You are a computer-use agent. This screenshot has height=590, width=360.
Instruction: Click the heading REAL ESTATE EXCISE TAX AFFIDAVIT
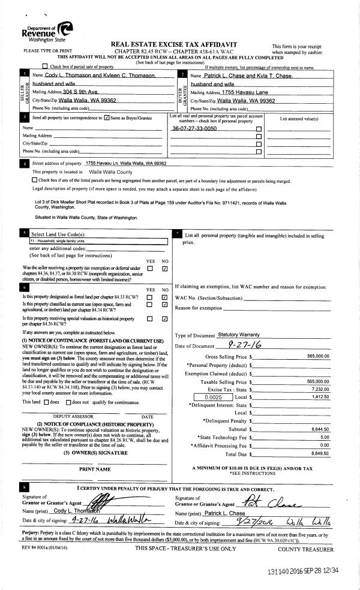174,45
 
